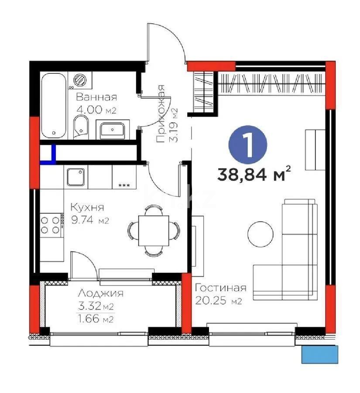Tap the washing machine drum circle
pos(80,79)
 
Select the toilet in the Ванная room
pos(81,126)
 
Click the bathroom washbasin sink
pos(113,130)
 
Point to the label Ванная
pos(96,97)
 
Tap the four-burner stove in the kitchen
pos(51,225)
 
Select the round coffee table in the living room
pos(261,234)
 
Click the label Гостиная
pos(220,288)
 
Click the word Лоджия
pos(100,293)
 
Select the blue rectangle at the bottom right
pos(320,353)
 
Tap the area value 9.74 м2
pos(89,221)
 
